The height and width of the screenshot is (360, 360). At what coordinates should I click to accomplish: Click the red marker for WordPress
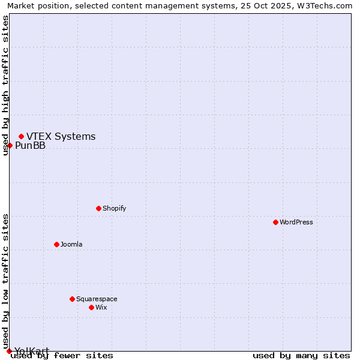pos(275,222)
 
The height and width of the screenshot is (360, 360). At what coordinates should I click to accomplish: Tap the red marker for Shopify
pos(98,208)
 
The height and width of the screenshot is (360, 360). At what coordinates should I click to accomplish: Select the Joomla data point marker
pos(56,244)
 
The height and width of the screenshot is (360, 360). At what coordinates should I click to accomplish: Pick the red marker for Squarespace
pos(72,299)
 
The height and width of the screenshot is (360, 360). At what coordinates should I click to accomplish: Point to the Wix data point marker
pos(91,307)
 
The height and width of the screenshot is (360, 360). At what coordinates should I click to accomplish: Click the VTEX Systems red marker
pos(21,136)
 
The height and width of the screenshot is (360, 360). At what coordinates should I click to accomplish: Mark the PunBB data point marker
pos(10,145)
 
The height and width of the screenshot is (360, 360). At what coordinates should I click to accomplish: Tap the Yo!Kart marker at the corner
pos(9,351)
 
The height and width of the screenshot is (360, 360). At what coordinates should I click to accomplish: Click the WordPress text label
pos(296,222)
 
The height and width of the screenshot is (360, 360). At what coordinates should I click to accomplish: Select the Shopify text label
pos(114,208)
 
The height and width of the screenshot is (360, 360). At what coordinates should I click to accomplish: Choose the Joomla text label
pos(71,244)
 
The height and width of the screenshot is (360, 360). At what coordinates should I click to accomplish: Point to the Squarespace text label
pos(97,299)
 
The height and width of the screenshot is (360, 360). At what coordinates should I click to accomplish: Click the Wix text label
pos(101,307)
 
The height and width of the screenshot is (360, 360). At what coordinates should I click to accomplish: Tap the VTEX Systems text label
pos(61,136)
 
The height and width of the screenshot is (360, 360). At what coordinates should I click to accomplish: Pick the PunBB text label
pos(30,145)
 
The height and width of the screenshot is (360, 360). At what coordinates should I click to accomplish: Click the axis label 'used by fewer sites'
pos(62,355)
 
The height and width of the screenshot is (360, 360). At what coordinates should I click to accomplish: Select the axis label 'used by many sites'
pos(301,355)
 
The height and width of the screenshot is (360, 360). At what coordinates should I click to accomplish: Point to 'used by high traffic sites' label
pos(5,85)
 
